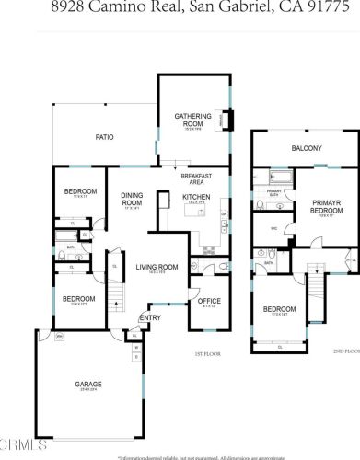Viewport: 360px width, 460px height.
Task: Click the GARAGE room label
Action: (x=88, y=384)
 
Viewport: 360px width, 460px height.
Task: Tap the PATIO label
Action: (x=106, y=137)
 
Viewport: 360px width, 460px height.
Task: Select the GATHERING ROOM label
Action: (x=193, y=119)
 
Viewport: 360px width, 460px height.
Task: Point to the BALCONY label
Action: (x=306, y=148)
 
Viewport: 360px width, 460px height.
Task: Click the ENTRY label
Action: (x=150, y=318)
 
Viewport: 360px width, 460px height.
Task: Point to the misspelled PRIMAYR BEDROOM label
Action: (x=326, y=206)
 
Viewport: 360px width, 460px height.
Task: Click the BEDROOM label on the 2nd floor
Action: (x=279, y=308)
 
